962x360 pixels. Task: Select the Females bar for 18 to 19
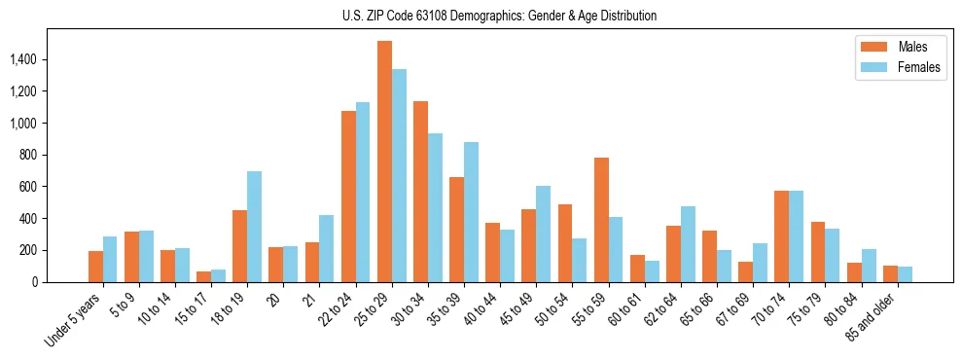tap(254, 227)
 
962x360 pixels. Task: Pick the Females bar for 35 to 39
tap(472, 212)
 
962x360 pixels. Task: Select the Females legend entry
tap(900, 68)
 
